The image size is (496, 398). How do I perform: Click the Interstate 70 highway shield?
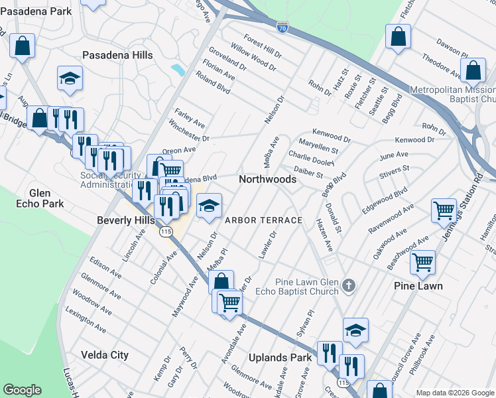[x=282, y=27]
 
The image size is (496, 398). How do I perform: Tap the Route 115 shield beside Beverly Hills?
[x=166, y=231]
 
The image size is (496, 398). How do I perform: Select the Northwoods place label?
[x=267, y=179]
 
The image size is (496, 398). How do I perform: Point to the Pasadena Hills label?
[x=117, y=56]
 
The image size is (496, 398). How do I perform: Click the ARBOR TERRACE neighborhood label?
[x=263, y=220]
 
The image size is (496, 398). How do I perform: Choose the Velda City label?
[x=104, y=355]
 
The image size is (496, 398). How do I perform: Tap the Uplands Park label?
[x=280, y=358]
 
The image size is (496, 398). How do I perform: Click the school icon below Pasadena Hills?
[x=70, y=78]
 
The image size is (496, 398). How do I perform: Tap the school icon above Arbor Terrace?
[x=209, y=206]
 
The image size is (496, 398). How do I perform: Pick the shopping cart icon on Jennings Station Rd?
[x=444, y=211]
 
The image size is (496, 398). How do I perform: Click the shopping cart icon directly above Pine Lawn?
[x=422, y=263]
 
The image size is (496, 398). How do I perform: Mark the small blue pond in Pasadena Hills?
[x=178, y=70]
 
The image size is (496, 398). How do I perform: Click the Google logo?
[x=23, y=390]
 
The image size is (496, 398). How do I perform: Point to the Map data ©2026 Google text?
[x=454, y=393]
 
